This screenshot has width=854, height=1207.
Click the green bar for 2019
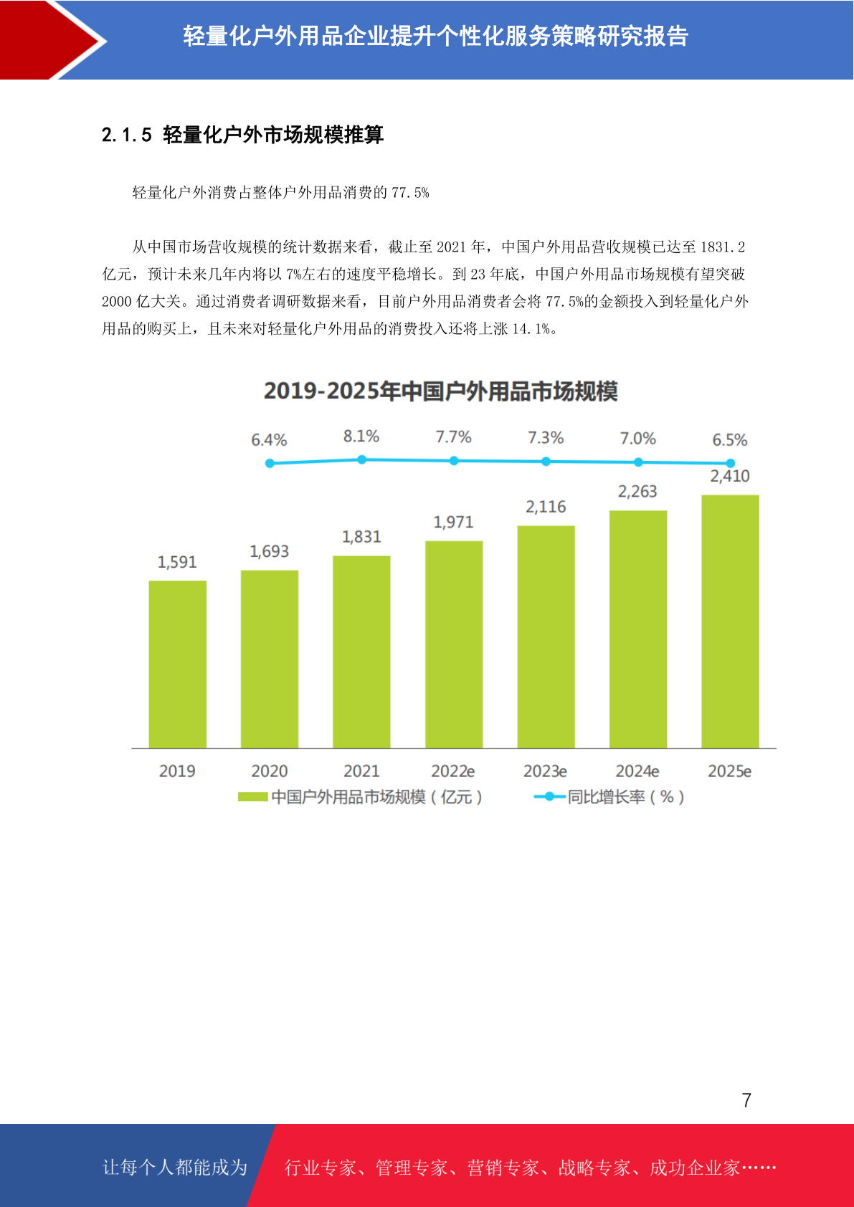[177, 664]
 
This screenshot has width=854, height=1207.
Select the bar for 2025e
[730, 621]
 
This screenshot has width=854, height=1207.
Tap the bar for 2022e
[454, 644]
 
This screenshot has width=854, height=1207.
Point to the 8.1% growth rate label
[361, 436]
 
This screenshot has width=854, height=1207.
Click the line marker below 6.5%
[730, 463]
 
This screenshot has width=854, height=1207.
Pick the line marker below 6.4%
[270, 463]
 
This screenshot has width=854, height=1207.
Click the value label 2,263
[637, 492]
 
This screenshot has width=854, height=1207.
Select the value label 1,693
[270, 551]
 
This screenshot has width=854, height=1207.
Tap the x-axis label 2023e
[545, 771]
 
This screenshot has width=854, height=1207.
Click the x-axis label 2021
[361, 771]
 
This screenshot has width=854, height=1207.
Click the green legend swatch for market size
[252, 797]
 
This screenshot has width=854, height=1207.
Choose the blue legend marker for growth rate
[549, 797]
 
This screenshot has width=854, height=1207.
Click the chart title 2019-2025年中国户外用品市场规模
[441, 391]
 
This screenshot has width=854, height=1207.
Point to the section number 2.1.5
[127, 135]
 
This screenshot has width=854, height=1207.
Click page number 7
[746, 1100]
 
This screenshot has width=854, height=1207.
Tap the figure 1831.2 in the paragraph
[722, 247]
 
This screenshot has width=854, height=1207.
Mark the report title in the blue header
[435, 36]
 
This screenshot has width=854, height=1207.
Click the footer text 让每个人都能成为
[175, 1168]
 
